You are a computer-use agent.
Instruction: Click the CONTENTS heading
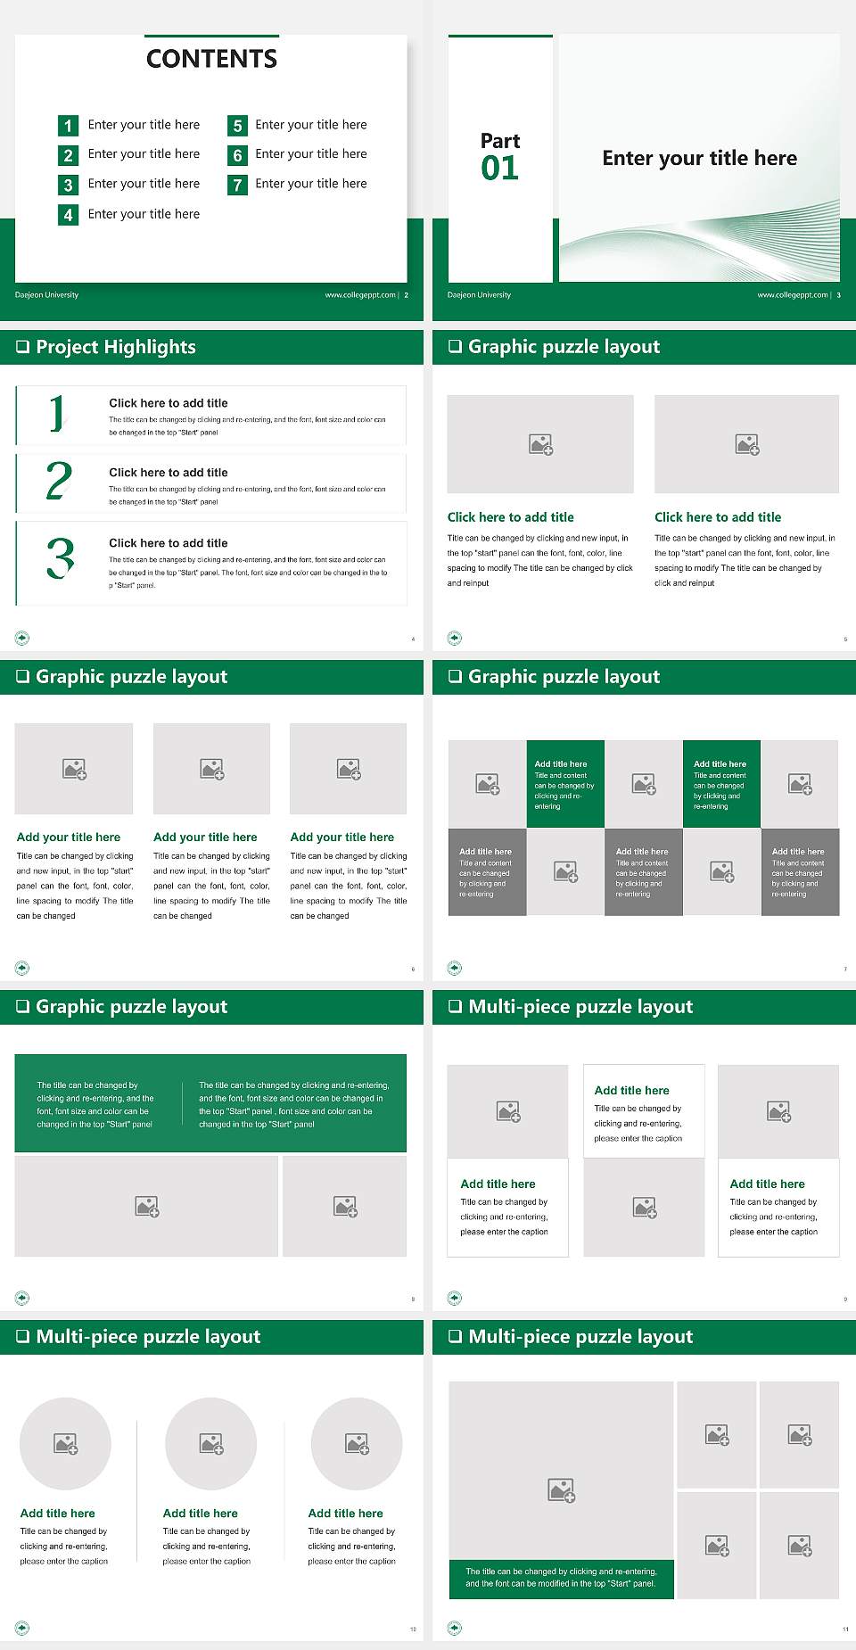pos(211,59)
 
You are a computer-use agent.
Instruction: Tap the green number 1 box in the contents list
pos(68,126)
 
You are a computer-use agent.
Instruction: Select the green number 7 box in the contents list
pos(237,186)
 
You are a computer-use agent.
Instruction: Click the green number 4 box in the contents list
pos(68,215)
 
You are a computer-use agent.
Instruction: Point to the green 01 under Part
pos(499,169)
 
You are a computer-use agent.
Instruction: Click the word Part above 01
pos(499,141)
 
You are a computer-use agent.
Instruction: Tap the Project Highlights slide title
pos(115,347)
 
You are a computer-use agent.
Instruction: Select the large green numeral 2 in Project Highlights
pos(59,481)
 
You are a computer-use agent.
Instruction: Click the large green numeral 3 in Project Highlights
pos(60,558)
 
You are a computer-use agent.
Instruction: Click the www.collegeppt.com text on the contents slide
pos(360,295)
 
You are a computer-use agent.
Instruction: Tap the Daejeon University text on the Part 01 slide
pos(479,295)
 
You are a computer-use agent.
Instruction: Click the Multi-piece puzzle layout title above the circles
pos(148,1336)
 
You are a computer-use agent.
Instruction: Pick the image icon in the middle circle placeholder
pos(211,1443)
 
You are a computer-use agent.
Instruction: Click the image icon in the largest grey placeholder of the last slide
pos(561,1489)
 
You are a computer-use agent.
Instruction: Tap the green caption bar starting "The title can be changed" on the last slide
pos(561,1578)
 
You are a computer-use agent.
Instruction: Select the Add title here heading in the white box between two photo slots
pos(631,1090)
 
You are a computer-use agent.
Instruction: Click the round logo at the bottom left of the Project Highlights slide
pos(22,638)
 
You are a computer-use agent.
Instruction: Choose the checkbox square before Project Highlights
pos(22,347)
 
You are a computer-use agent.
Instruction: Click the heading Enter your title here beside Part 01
pos(699,159)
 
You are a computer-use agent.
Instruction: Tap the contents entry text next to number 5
pos(310,125)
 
